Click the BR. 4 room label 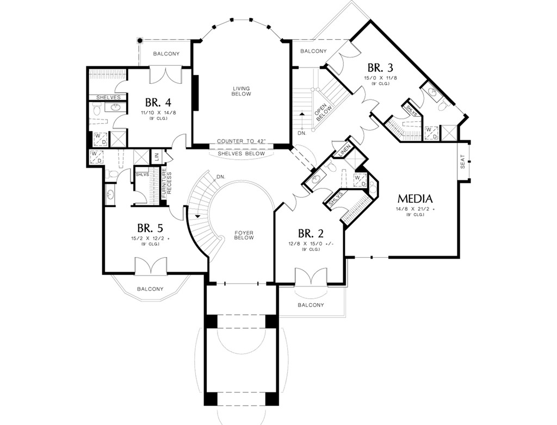click(x=158, y=102)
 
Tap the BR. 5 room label click(x=150, y=228)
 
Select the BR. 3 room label click(x=380, y=68)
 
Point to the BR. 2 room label click(x=311, y=233)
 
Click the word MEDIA click(x=414, y=198)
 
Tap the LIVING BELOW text click(x=242, y=91)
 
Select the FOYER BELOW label click(x=244, y=235)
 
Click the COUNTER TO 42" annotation click(x=242, y=141)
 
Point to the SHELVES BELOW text click(x=242, y=154)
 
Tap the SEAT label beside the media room click(x=463, y=162)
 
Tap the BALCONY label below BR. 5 click(x=150, y=289)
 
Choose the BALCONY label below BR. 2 click(x=311, y=305)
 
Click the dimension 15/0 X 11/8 click(x=380, y=78)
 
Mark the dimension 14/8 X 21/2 click(x=414, y=209)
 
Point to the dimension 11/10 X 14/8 click(x=158, y=112)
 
